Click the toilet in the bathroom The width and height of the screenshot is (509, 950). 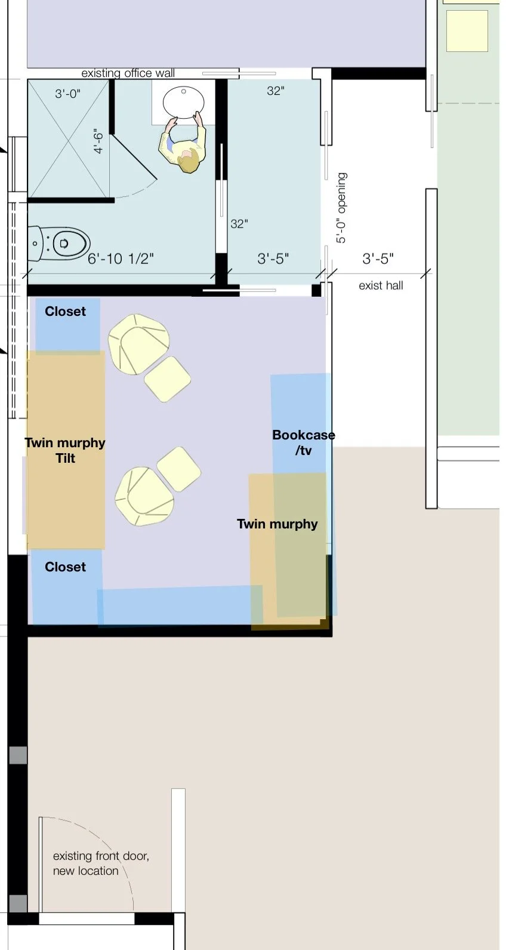(x=58, y=244)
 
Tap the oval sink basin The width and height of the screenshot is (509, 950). (x=184, y=102)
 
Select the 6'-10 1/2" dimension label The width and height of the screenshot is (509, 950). (x=121, y=259)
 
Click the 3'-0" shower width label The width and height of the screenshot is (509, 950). (x=68, y=93)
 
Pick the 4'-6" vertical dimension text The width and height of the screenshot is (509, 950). (x=98, y=141)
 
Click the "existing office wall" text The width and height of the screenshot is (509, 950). (x=128, y=73)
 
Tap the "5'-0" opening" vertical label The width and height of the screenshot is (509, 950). (x=341, y=207)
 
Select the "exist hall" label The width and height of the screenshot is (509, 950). (x=381, y=285)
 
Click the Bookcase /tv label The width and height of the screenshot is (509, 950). (x=304, y=442)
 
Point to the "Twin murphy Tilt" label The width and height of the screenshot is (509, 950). (x=65, y=450)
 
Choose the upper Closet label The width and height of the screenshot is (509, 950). (x=65, y=311)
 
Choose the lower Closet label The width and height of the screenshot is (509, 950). (x=65, y=567)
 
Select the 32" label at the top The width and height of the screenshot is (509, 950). (x=276, y=91)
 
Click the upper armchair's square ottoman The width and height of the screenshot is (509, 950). (x=168, y=379)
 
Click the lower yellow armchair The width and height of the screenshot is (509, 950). (x=144, y=496)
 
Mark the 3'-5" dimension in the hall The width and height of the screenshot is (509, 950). (x=378, y=259)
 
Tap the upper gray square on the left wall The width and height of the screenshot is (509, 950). (x=18, y=755)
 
